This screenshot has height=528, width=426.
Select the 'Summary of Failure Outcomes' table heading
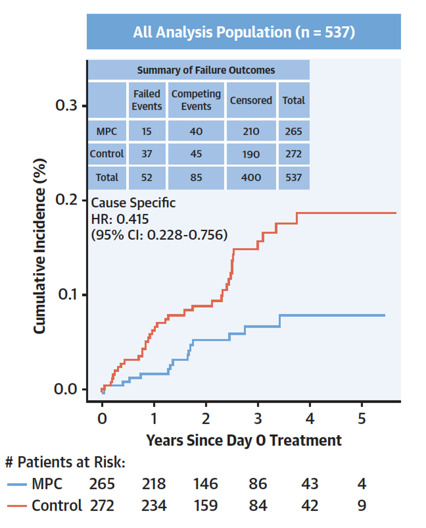tap(206, 70)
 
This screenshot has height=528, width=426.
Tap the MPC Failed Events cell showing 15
tap(147, 132)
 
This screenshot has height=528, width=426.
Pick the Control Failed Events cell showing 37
tap(147, 154)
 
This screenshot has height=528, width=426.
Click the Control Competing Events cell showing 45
tap(196, 154)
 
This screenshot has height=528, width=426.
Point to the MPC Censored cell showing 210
tap(251, 132)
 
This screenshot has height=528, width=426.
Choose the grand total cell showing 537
tap(294, 178)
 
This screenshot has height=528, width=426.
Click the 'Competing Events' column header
tap(196, 100)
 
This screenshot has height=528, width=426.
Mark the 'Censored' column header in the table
tap(251, 100)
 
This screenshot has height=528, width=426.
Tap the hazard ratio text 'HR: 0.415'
tap(120, 219)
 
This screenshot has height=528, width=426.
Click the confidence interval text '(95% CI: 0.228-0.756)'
tap(159, 235)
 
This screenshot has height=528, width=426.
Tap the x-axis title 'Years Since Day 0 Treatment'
tap(244, 440)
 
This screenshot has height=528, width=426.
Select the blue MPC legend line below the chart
tap(17, 484)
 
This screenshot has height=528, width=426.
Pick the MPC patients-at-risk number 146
tap(206, 484)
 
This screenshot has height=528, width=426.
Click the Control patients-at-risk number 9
tap(362, 505)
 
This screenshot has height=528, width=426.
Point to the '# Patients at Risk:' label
tap(65, 462)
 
